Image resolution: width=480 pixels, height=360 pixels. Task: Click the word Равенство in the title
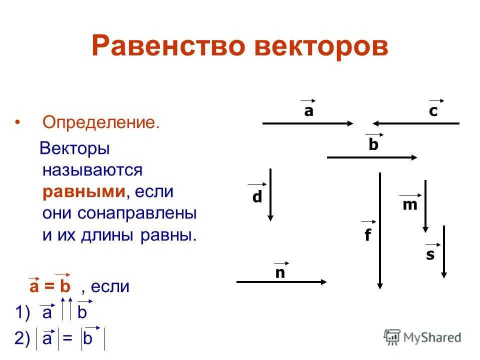click(x=168, y=46)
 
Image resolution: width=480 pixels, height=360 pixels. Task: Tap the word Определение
click(x=101, y=122)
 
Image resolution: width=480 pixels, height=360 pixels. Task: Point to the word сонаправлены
click(x=137, y=213)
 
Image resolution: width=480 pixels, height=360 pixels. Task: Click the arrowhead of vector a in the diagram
click(x=350, y=123)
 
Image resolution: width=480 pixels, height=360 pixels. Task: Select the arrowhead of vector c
click(x=376, y=123)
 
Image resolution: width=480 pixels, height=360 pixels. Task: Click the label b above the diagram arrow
click(x=373, y=144)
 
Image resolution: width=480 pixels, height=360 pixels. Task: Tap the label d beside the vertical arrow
click(x=257, y=196)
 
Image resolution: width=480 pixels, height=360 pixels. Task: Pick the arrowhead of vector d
click(x=270, y=217)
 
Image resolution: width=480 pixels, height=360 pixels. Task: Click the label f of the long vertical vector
click(x=367, y=235)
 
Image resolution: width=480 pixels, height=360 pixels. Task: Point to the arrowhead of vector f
click(x=380, y=285)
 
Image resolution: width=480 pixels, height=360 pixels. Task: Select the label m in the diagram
click(x=410, y=205)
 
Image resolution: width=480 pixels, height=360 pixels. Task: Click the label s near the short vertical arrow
click(x=430, y=254)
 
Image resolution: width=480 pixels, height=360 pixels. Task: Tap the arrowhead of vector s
click(x=444, y=274)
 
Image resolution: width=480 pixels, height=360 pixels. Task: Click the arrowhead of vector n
click(x=323, y=282)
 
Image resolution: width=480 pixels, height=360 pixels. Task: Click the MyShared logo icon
click(x=392, y=337)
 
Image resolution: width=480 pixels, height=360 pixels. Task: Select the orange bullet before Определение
click(x=17, y=122)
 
